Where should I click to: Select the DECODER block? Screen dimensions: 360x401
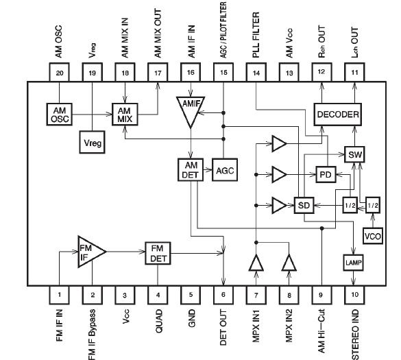[337, 114]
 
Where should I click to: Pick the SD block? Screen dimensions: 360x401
[302, 205]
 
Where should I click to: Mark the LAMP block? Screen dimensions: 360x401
[354, 262]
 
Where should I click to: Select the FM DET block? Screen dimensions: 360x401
[158, 254]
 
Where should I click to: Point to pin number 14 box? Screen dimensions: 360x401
[255, 72]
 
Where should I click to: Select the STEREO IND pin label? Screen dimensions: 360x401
[355, 333]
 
